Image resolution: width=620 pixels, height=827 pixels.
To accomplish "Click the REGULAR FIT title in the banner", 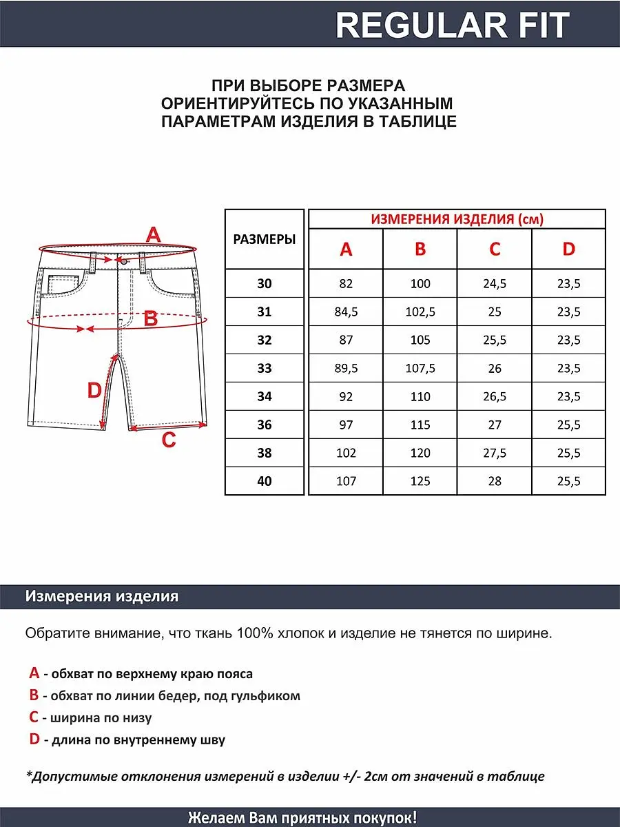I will (x=453, y=25).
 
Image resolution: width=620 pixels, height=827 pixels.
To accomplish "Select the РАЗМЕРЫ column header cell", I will (x=265, y=239).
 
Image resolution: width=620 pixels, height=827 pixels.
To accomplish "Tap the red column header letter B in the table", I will (x=420, y=249).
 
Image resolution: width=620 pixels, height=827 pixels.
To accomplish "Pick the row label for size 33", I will (x=265, y=368).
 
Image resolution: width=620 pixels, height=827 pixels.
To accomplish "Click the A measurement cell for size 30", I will (x=346, y=284).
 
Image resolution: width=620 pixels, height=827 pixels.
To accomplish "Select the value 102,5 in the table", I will (x=420, y=312).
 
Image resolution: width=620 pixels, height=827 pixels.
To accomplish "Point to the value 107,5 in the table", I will (x=420, y=368).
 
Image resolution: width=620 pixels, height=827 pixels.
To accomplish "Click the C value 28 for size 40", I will (x=495, y=481).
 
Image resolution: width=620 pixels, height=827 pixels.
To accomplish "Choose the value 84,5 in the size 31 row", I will (x=346, y=312).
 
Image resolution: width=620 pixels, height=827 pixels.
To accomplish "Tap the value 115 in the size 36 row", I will (x=420, y=425).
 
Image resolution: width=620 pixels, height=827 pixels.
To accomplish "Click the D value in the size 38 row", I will (x=568, y=453).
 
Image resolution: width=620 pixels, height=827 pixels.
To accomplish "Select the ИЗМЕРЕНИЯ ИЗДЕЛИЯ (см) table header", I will (x=457, y=219).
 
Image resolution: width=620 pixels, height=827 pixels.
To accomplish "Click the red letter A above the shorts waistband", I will (x=153, y=234).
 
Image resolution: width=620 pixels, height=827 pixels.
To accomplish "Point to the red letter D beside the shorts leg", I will (x=94, y=391).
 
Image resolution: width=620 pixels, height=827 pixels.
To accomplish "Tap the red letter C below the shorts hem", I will (x=169, y=440).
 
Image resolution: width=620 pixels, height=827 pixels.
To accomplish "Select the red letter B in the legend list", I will (x=34, y=695).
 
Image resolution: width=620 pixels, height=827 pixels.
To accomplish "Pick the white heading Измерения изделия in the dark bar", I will (x=102, y=597).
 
